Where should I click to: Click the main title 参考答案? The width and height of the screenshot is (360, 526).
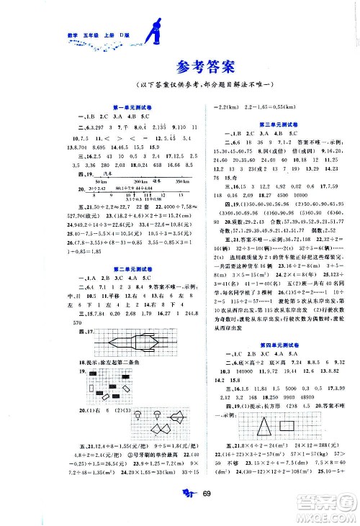pos(180,69)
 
